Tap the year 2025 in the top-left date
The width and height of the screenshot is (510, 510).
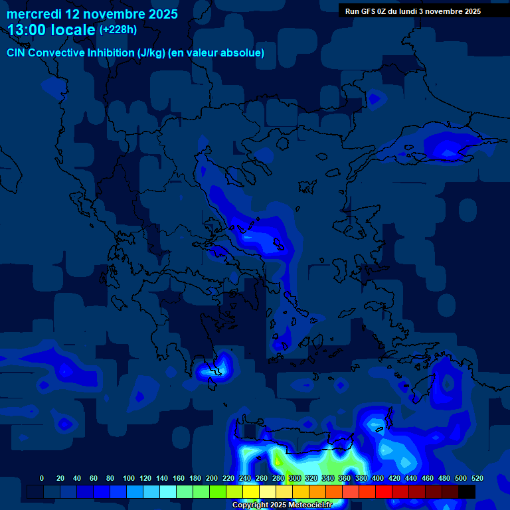(x=160, y=14)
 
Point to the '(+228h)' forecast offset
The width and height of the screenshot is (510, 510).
(x=118, y=29)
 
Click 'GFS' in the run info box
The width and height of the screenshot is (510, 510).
(x=368, y=11)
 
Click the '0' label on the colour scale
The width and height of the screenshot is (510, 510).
(x=42, y=478)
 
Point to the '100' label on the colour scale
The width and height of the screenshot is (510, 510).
(x=129, y=478)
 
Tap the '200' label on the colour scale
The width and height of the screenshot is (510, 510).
(x=212, y=478)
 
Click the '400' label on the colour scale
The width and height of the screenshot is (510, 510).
(x=378, y=478)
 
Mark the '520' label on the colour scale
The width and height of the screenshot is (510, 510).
(x=477, y=478)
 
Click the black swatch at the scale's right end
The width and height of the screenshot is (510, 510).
(x=467, y=491)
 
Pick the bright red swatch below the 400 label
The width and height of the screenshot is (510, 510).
(x=384, y=491)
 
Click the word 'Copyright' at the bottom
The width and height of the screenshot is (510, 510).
(x=250, y=505)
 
